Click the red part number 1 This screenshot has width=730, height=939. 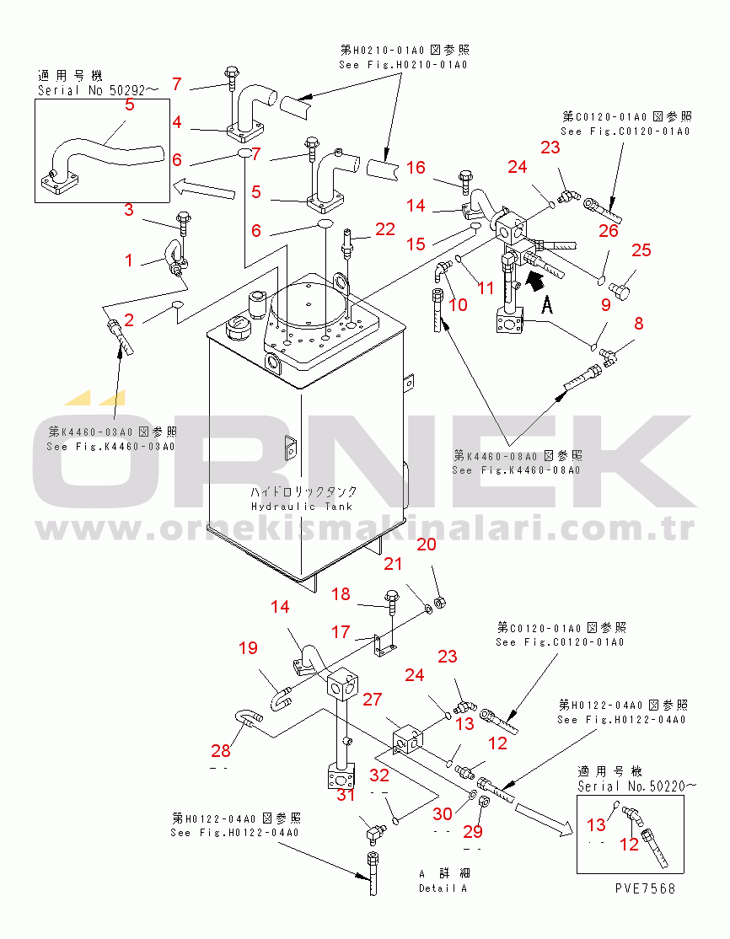(x=129, y=260)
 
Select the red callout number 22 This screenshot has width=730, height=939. (x=384, y=228)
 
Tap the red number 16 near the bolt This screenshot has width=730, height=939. (x=416, y=168)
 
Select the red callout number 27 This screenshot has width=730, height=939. (x=372, y=699)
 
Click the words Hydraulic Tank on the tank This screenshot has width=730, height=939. (x=301, y=506)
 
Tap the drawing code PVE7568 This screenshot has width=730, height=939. (x=645, y=888)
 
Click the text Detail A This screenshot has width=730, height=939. (x=443, y=888)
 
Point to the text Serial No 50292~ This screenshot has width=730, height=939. (x=98, y=89)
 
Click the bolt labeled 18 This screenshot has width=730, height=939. (x=393, y=600)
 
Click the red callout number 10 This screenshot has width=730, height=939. (x=458, y=304)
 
